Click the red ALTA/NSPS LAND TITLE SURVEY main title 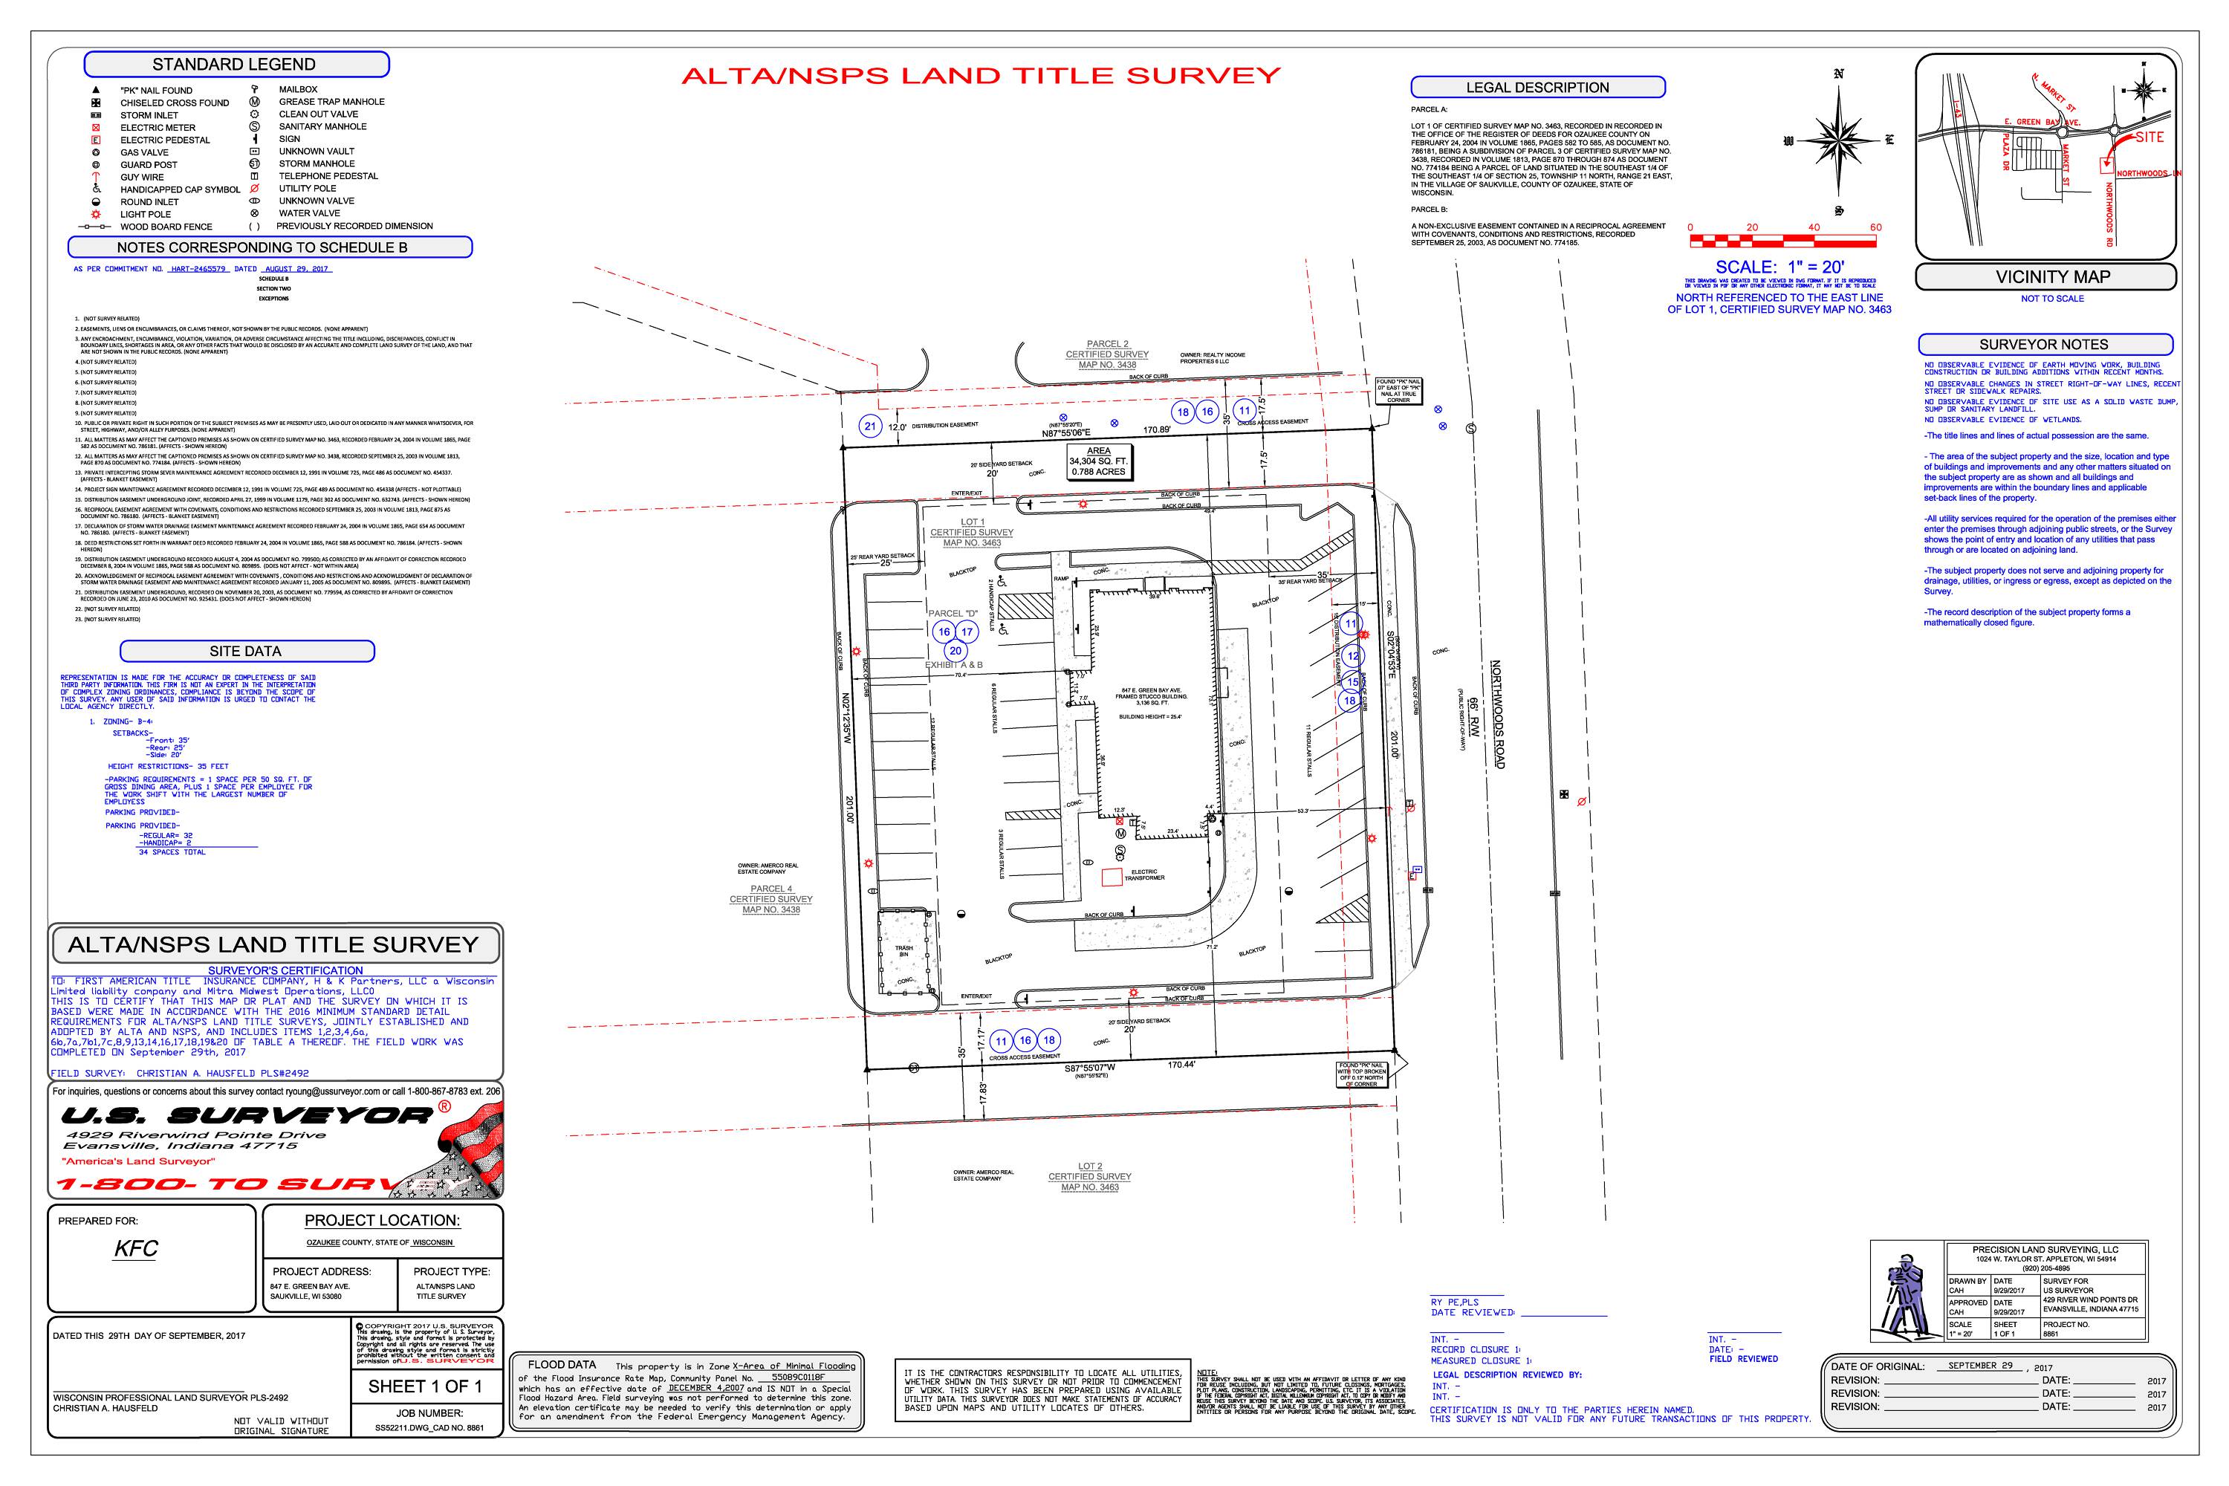pyautogui.click(x=980, y=76)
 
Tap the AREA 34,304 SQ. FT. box pyautogui.click(x=1098, y=461)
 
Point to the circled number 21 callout pyautogui.click(x=870, y=426)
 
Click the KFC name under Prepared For pyautogui.click(x=135, y=1248)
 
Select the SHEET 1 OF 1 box pyautogui.click(x=424, y=1386)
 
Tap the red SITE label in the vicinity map pyautogui.click(x=2149, y=137)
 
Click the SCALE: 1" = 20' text pyautogui.click(x=1779, y=267)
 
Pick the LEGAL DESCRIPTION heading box pyautogui.click(x=1537, y=87)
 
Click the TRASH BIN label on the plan pyautogui.click(x=904, y=950)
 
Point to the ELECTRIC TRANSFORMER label pyautogui.click(x=1144, y=875)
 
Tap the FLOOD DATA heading pyautogui.click(x=562, y=1365)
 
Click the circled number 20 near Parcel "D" pyautogui.click(x=955, y=651)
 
